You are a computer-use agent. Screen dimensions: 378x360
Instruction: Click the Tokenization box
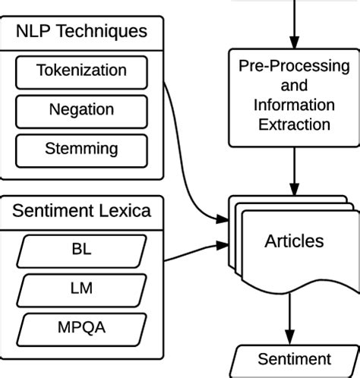[81, 71]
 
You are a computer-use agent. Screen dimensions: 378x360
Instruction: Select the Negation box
[81, 109]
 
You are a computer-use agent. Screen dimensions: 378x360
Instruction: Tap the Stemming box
[81, 147]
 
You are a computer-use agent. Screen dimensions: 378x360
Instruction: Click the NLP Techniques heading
[81, 33]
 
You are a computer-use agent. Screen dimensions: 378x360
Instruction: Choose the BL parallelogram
[81, 248]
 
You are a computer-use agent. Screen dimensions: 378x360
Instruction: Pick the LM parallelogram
[81, 288]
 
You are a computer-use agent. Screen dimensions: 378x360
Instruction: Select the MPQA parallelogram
[81, 328]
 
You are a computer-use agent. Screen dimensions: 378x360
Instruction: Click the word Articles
[294, 241]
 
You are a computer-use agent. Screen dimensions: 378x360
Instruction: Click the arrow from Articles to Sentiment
[289, 319]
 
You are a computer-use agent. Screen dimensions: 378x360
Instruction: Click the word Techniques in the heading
[112, 33]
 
